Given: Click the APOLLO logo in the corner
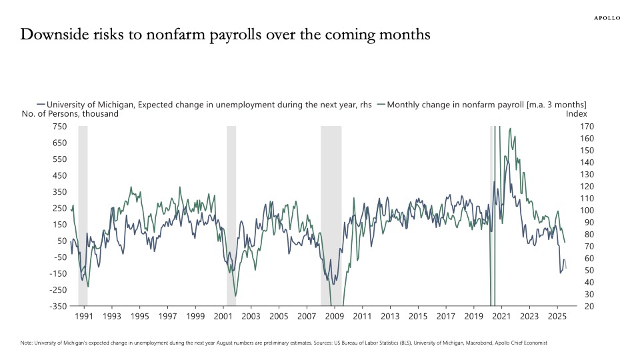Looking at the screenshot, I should click(607, 18).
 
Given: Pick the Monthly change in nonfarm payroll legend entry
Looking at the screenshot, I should click(482, 104).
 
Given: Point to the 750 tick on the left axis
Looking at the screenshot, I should click(59, 127).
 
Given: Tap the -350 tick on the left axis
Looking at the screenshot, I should click(57, 306).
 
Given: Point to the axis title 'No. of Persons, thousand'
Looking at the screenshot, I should click(70, 113).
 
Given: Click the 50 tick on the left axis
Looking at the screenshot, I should click(61, 241).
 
